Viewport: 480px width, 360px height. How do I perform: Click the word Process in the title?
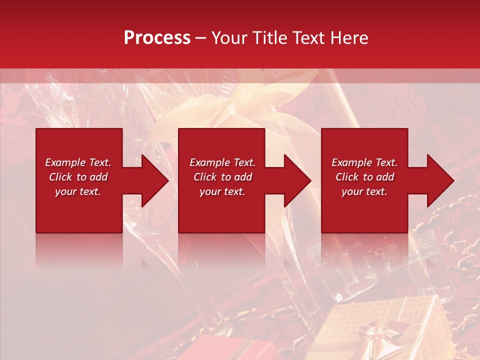[x=157, y=38]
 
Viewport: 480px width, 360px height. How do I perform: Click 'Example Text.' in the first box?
[x=78, y=162]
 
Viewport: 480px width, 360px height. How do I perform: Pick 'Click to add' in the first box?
[x=78, y=177]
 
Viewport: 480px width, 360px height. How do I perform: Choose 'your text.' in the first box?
[x=78, y=191]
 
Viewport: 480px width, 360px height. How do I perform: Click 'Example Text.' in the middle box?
[x=222, y=162]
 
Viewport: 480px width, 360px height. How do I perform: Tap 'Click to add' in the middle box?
[x=222, y=177]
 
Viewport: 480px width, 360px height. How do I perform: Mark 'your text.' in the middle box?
[x=222, y=191]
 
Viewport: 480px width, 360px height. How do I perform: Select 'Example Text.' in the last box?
[x=364, y=162]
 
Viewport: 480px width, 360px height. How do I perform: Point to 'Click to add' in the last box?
[x=364, y=177]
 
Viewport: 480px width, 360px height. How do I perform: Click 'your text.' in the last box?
[x=364, y=191]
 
